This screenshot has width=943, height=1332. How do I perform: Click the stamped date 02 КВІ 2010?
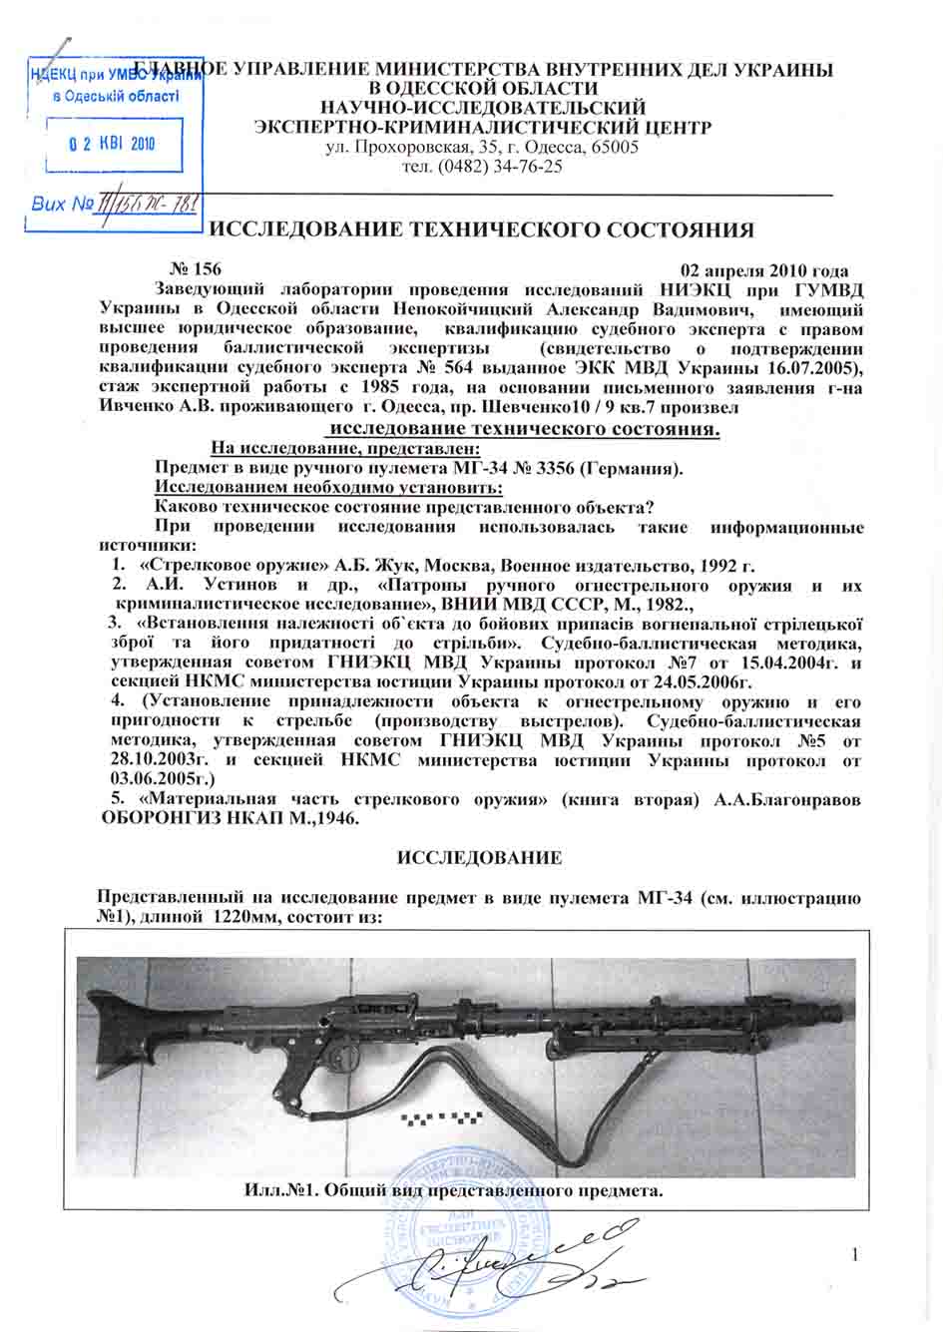(113, 143)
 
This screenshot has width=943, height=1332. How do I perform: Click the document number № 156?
(191, 270)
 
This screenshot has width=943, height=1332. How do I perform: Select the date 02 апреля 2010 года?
(763, 271)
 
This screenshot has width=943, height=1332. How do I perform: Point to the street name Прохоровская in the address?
(409, 148)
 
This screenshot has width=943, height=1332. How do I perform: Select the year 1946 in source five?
(335, 818)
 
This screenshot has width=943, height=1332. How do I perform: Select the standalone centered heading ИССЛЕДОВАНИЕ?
(481, 858)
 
